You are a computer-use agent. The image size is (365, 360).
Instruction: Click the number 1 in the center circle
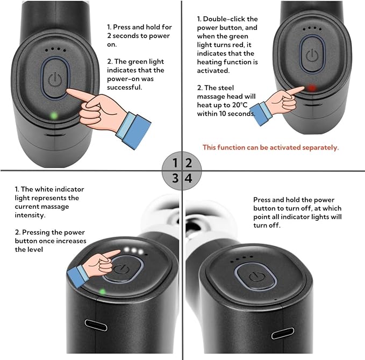coord(175,163)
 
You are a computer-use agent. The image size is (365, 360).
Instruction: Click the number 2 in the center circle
coord(188,163)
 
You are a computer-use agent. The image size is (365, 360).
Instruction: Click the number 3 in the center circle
coord(175,178)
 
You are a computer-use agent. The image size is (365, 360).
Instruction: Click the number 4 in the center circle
coord(188,178)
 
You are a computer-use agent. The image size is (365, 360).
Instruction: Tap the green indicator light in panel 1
coord(53,115)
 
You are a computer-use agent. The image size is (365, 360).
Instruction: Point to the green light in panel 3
coord(102,292)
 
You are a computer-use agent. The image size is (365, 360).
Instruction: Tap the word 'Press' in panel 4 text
coord(263,200)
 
